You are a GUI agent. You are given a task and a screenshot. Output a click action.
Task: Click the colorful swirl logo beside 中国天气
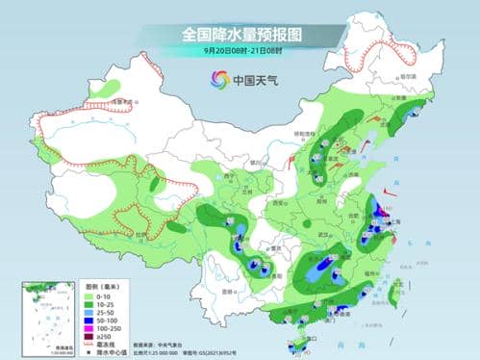(x=220, y=79)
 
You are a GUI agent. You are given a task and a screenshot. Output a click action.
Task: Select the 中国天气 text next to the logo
(x=253, y=80)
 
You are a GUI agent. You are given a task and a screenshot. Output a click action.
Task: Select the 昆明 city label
(x=227, y=289)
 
